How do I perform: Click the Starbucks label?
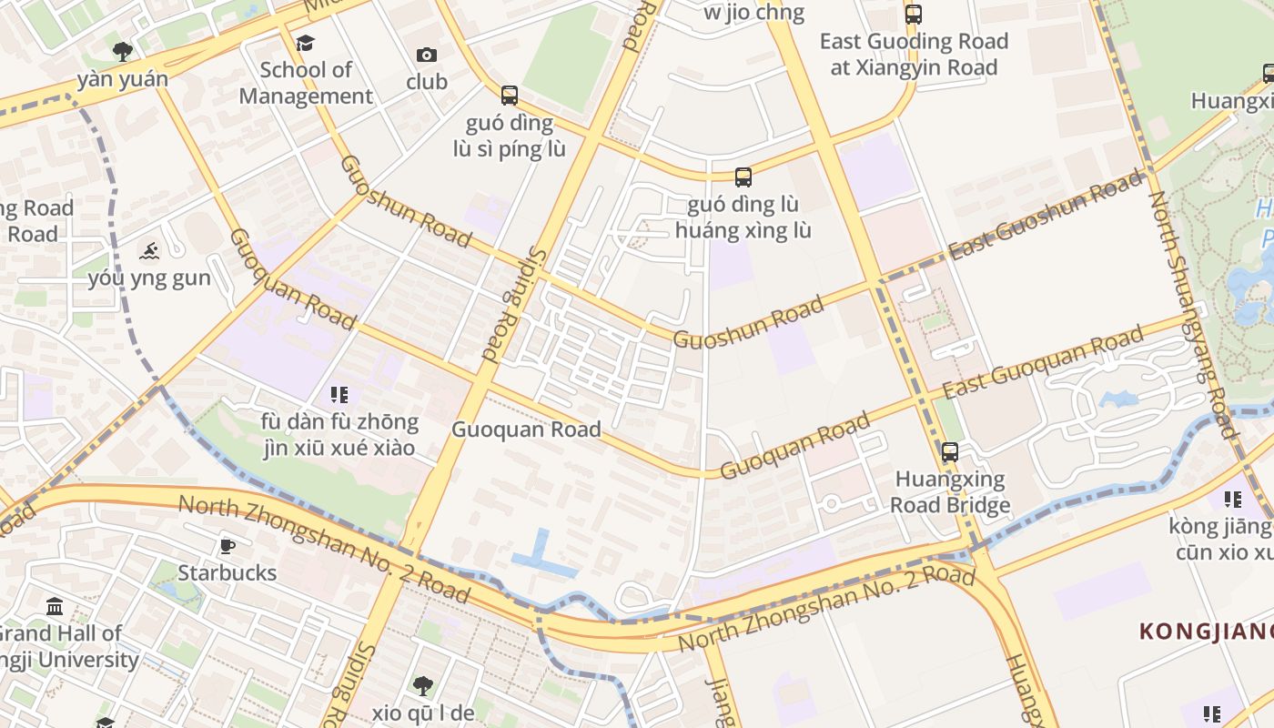click(227, 572)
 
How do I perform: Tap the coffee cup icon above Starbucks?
click(227, 546)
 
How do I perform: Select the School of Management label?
click(306, 83)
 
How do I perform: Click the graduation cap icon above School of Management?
click(305, 43)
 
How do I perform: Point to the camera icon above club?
click(426, 56)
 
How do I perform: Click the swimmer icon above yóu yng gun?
click(149, 251)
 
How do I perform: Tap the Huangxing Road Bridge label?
click(950, 492)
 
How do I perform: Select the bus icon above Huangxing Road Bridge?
click(950, 451)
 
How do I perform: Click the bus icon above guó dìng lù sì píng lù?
click(510, 95)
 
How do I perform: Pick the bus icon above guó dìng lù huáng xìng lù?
click(743, 177)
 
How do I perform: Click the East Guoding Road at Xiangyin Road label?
click(914, 54)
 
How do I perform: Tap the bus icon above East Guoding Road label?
click(913, 14)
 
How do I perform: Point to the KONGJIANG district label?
click(1206, 631)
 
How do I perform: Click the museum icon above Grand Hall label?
click(55, 606)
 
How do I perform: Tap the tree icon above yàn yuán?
click(122, 51)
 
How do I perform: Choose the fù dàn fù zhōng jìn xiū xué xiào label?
click(339, 435)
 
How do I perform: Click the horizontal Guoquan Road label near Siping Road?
click(526, 430)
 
